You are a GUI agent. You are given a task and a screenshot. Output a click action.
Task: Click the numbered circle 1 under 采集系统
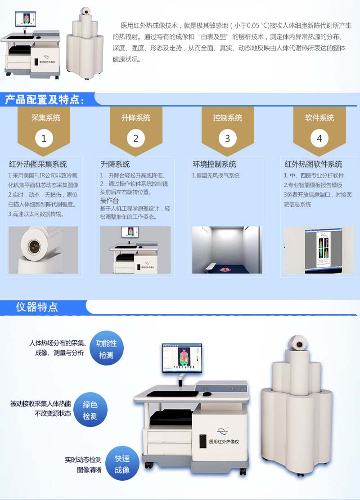44,138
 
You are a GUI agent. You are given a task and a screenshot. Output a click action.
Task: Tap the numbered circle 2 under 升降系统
135,138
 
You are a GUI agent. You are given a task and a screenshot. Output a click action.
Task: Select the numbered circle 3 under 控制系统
228,138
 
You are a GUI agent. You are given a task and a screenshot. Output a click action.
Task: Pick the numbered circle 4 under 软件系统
319,138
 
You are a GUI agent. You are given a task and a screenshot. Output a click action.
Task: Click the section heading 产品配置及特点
45,100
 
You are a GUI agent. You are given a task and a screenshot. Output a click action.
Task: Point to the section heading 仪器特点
37,307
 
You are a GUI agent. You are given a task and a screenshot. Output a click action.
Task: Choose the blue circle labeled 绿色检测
90,410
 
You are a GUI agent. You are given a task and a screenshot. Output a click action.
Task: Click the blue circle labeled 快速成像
122,464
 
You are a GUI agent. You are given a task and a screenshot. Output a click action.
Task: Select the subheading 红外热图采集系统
38,164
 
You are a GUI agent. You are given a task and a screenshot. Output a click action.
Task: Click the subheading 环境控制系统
214,164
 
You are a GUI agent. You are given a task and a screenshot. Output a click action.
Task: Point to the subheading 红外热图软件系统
313,164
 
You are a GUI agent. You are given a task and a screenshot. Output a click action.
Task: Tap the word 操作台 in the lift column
109,200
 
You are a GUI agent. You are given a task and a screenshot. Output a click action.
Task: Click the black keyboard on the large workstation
172,394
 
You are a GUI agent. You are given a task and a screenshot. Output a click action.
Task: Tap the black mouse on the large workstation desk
207,394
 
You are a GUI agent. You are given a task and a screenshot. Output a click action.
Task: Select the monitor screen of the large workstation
182,358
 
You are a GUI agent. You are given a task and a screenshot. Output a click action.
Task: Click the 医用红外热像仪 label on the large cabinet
224,442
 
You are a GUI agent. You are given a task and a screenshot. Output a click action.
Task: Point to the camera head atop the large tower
297,343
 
